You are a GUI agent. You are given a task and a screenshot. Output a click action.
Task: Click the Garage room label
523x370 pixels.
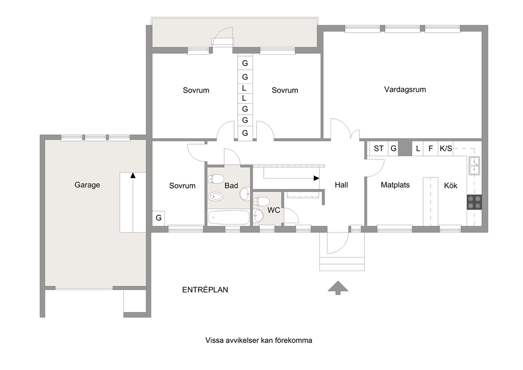pyautogui.click(x=87, y=185)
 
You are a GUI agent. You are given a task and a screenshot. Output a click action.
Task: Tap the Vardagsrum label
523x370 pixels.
pyautogui.click(x=405, y=90)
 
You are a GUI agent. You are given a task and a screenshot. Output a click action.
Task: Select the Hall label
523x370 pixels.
pyautogui.click(x=341, y=185)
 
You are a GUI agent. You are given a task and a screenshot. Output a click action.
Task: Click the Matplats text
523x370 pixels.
pyautogui.click(x=395, y=185)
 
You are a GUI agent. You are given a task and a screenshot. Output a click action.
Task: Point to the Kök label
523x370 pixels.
pyautogui.click(x=451, y=186)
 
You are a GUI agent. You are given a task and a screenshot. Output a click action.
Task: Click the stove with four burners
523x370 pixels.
pyautogui.click(x=474, y=202)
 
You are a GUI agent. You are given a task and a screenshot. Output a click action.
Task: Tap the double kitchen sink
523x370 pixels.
pyautogui.click(x=474, y=166)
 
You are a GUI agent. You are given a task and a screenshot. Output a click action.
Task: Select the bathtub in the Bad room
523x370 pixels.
pyautogui.click(x=228, y=218)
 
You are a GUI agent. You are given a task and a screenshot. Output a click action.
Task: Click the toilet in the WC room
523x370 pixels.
pyautogui.click(x=261, y=202)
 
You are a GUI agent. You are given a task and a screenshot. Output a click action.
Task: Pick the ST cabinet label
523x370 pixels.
pyautogui.click(x=379, y=149)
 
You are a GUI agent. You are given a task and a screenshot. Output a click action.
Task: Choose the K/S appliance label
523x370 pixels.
pyautogui.click(x=445, y=149)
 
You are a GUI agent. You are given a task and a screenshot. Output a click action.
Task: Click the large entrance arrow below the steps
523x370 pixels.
pyautogui.click(x=338, y=288)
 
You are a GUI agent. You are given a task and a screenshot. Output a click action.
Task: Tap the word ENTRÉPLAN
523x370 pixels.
pyautogui.click(x=205, y=290)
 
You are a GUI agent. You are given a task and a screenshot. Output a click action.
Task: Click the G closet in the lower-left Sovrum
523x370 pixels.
pyautogui.click(x=159, y=218)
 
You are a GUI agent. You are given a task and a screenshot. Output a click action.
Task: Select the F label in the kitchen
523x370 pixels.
pyautogui.click(x=431, y=149)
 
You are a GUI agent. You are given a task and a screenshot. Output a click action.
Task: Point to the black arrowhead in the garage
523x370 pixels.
pyautogui.click(x=133, y=175)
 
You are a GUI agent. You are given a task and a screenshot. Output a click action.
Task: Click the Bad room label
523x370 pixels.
pyautogui.click(x=231, y=186)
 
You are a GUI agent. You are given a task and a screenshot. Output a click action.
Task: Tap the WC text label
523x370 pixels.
pyautogui.click(x=274, y=211)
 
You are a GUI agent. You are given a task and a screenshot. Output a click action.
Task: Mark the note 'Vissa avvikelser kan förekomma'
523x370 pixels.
pyautogui.click(x=259, y=340)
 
